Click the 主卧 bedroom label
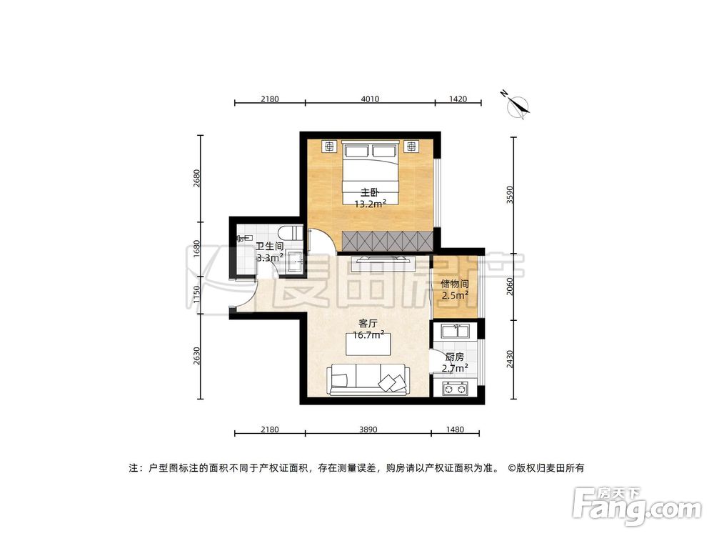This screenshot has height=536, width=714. [x=368, y=192]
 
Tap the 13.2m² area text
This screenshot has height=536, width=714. [x=371, y=203]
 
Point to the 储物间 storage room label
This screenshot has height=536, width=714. [x=454, y=283]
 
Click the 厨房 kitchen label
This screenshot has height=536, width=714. [x=454, y=357]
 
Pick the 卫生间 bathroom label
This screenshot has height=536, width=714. [x=270, y=247]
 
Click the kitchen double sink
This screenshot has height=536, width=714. [x=455, y=331]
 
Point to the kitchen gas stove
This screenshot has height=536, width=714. [x=455, y=389]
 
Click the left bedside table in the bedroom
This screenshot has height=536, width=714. [x=329, y=147]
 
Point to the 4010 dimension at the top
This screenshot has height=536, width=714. [x=369, y=99]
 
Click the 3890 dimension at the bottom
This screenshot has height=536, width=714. [x=368, y=430]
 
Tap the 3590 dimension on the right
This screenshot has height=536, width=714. [x=509, y=194]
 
